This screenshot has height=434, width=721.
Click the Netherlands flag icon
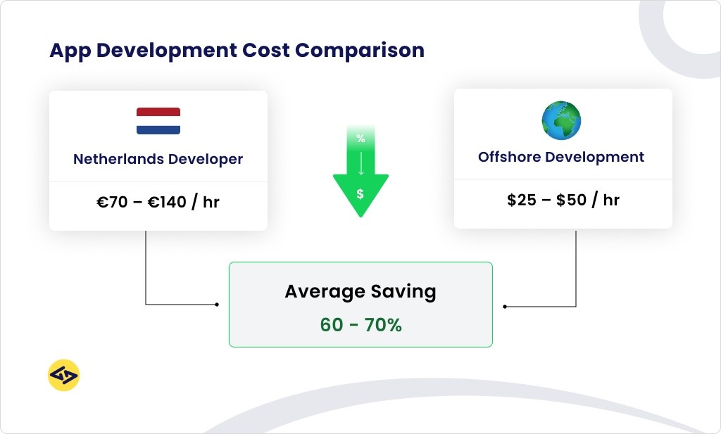coord(158,121)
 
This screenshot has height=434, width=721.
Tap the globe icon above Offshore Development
coord(561,120)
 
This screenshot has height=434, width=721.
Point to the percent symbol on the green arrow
coord(360,139)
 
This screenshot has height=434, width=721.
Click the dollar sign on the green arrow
coord(360,193)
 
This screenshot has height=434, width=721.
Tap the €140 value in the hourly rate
coord(167,203)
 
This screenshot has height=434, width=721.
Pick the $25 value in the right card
coord(522,200)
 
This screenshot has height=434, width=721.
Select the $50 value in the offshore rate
coord(571,200)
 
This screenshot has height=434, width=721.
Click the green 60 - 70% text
coord(360,325)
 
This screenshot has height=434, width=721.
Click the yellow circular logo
coord(63,376)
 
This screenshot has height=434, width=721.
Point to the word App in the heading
coord(68,51)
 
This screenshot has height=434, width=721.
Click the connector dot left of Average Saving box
coord(217,305)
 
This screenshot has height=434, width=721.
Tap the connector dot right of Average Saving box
coord(505,307)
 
